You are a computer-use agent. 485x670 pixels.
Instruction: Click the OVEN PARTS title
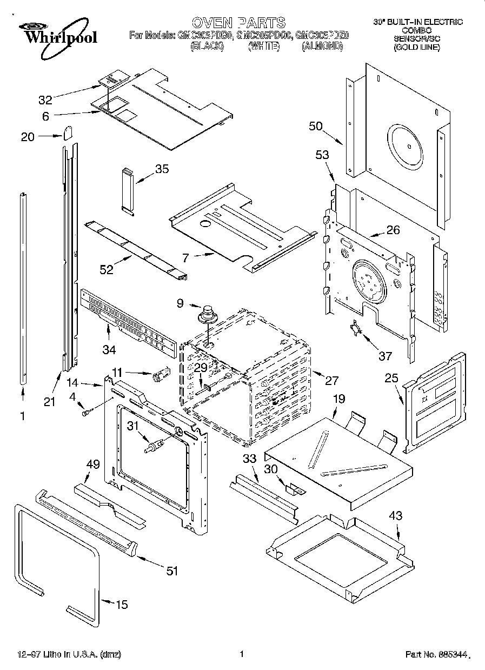coord(238,22)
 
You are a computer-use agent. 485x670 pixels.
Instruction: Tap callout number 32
coord(45,99)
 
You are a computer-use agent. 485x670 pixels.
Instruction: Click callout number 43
coord(396,516)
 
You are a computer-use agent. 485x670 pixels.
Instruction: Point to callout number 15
coord(122,604)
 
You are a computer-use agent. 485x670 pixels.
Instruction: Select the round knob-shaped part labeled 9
coord(207,315)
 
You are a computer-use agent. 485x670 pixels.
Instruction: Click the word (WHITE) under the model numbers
coord(263,47)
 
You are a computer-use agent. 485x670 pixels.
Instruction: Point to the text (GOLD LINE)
coord(417,47)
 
